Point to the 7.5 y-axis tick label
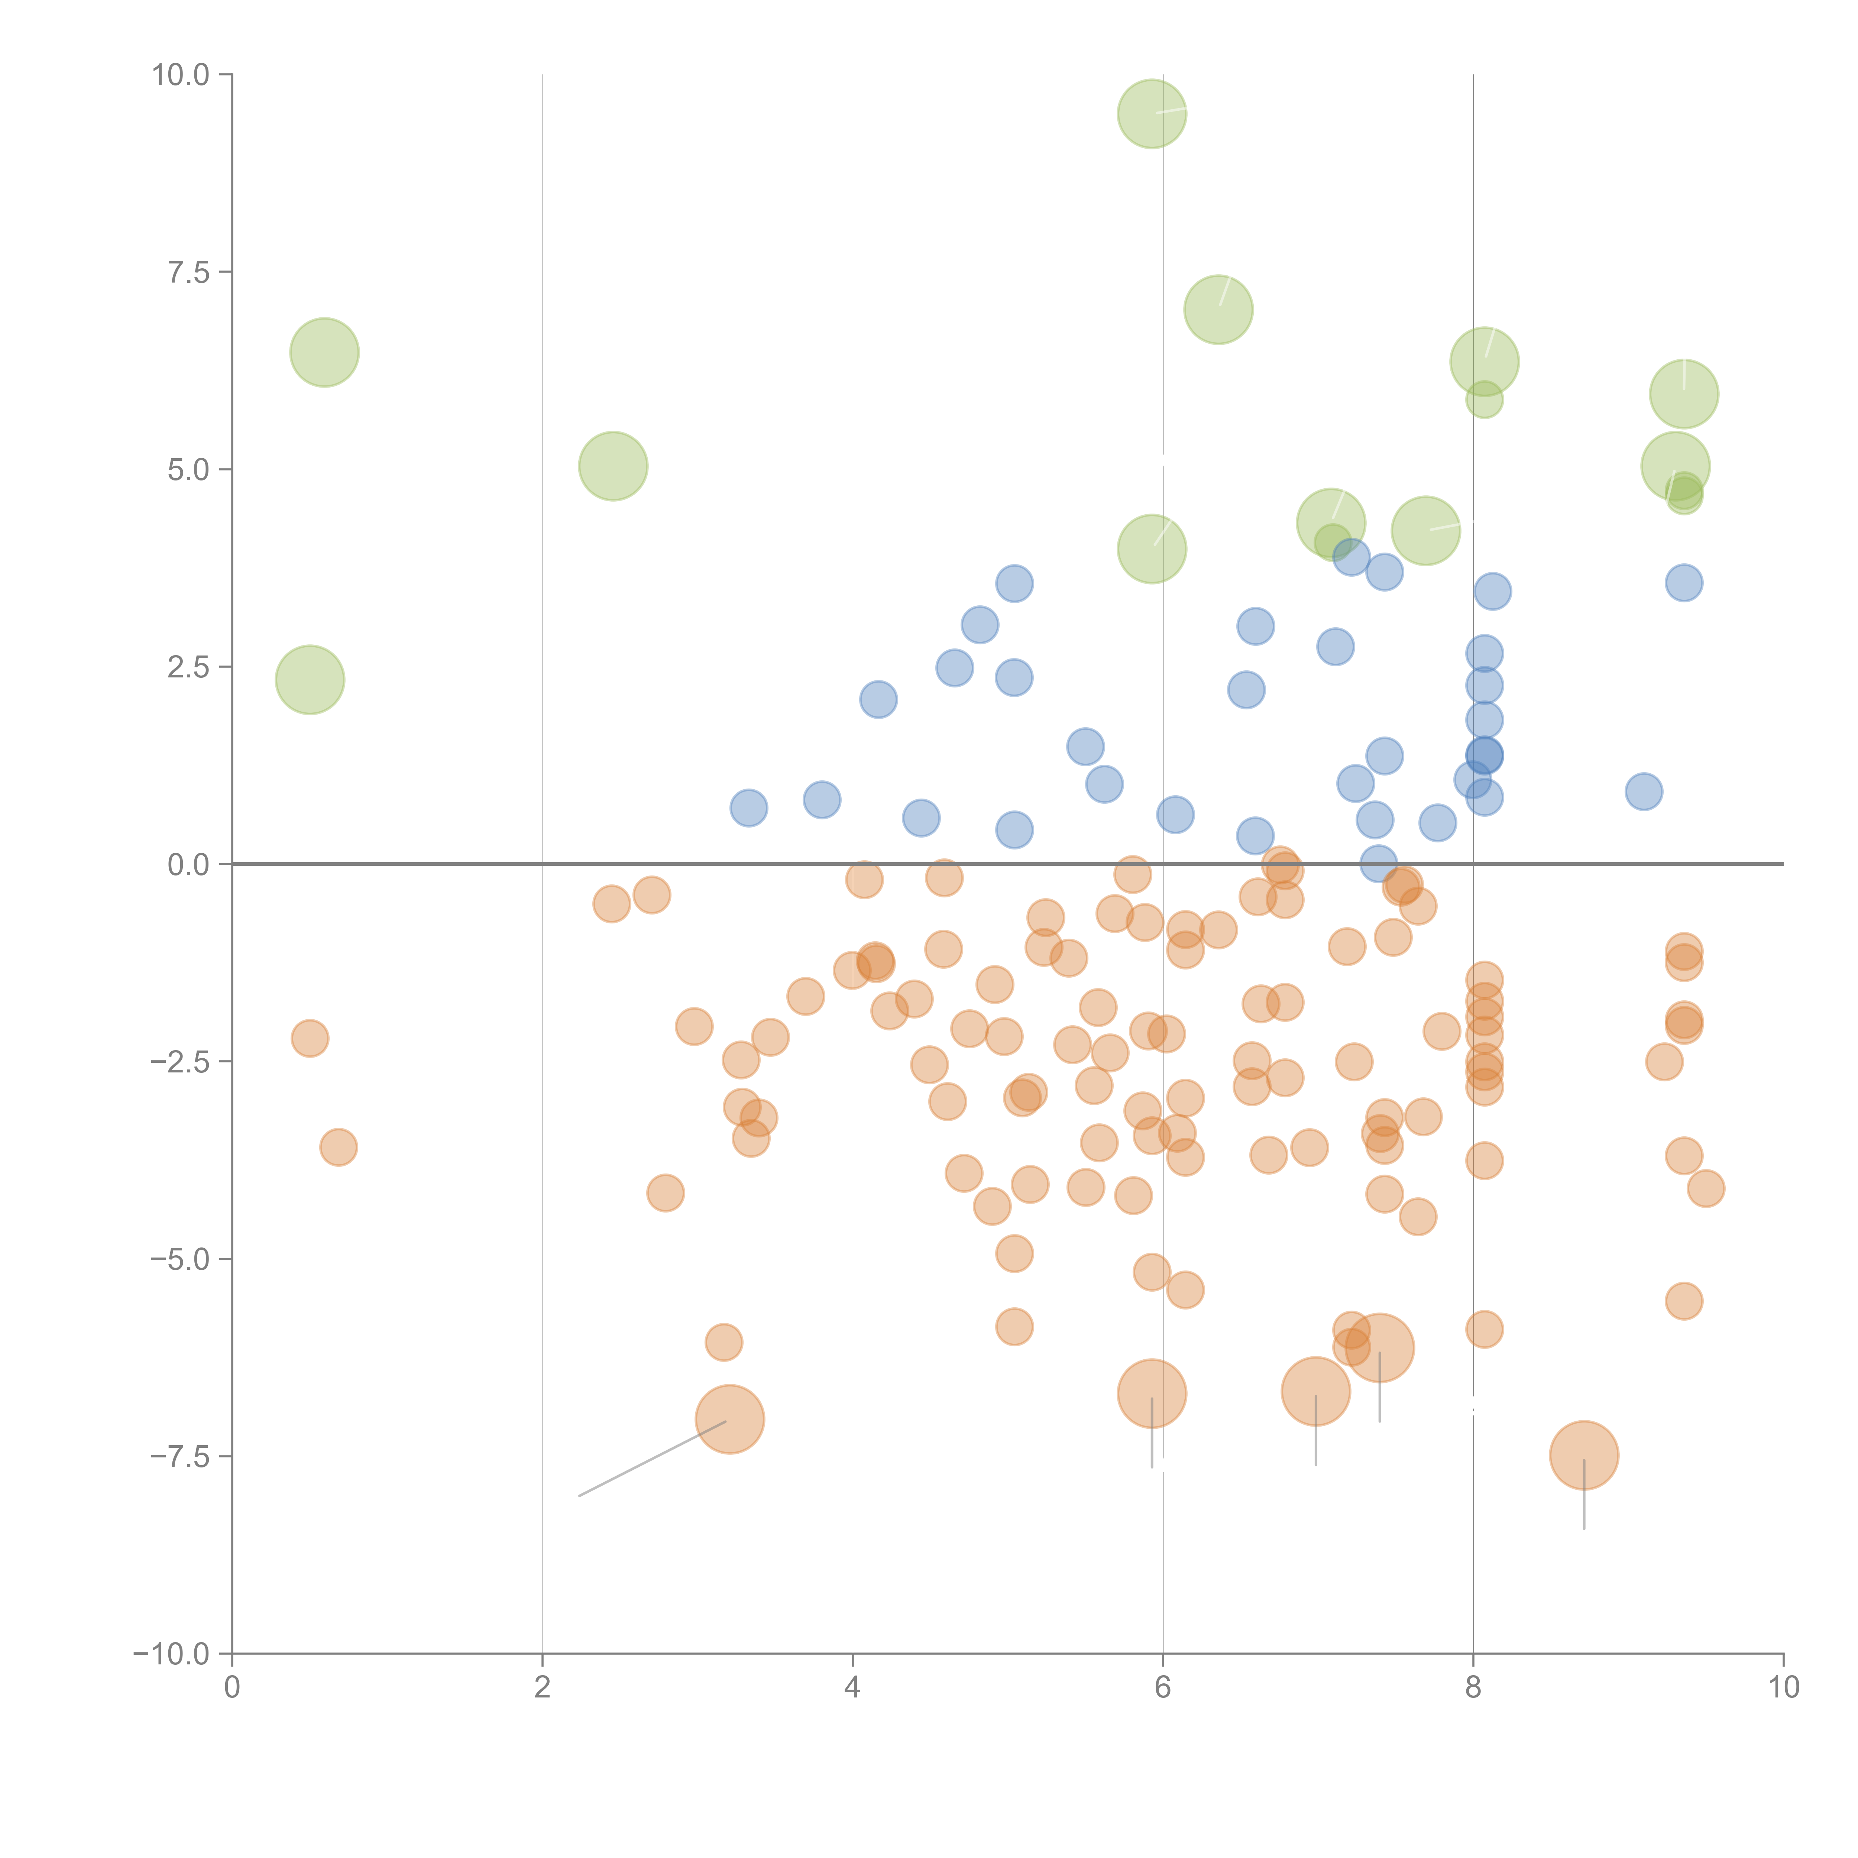[x=188, y=272]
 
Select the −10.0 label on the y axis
[x=171, y=1654]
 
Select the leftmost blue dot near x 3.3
[x=748, y=808]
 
